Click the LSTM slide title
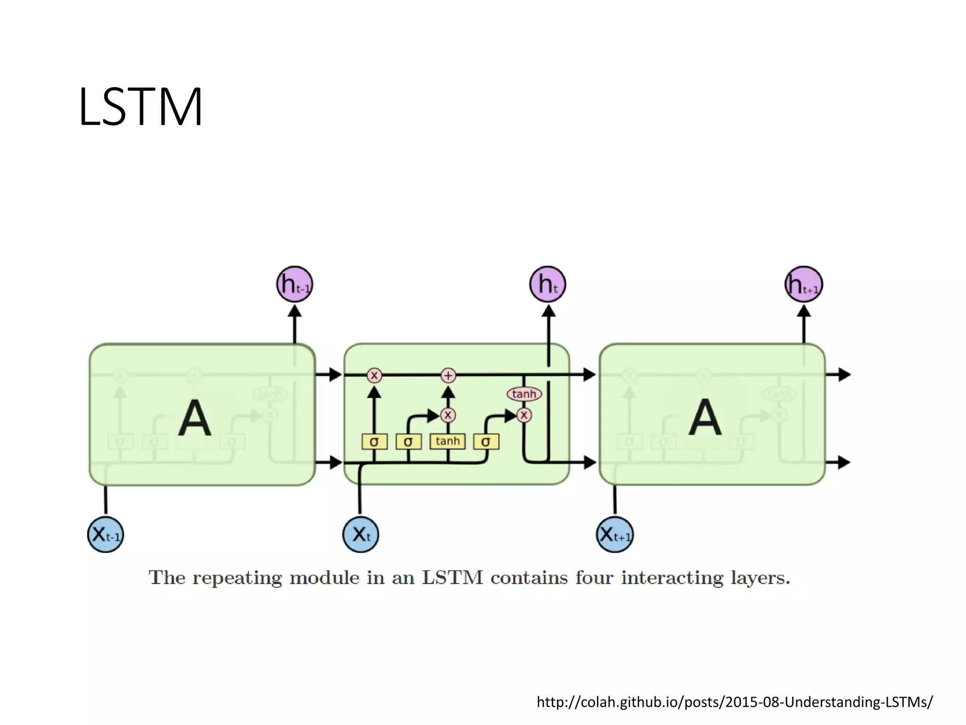[141, 107]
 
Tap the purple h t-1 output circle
[295, 284]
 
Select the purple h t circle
[548, 284]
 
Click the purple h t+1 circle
[804, 284]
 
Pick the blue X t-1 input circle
[106, 534]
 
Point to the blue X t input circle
[360, 534]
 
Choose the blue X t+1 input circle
[615, 534]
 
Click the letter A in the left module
[194, 418]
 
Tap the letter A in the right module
[705, 418]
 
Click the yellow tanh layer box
[447, 441]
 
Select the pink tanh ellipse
[524, 394]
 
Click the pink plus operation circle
[448, 375]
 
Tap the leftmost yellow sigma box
[374, 442]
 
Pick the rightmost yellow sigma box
[486, 442]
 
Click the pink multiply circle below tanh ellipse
[524, 415]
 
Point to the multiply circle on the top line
[374, 375]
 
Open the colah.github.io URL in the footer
[734, 702]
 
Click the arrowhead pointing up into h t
[548, 311]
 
